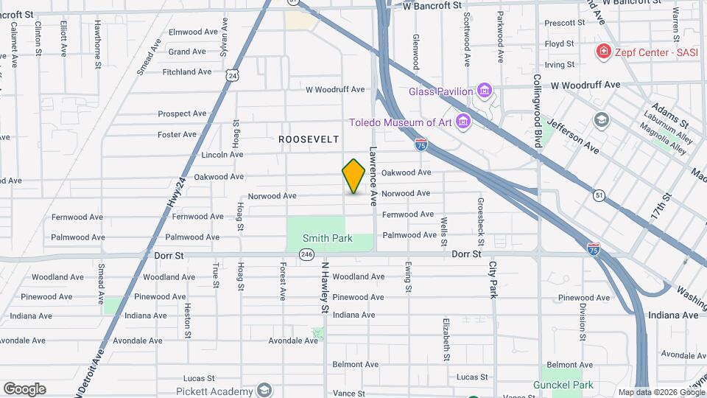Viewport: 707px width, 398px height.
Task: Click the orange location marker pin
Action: coord(354,176)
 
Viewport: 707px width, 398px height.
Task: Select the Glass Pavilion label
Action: coord(440,91)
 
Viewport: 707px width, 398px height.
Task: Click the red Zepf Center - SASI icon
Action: coord(603,51)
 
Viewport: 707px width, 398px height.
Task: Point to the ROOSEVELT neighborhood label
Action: coord(309,139)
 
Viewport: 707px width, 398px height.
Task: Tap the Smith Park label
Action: coord(327,238)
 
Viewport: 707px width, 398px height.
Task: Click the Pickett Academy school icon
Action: coord(264,390)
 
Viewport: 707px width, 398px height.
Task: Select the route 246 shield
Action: coord(307,254)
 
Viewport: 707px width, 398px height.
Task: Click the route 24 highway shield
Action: coord(233,75)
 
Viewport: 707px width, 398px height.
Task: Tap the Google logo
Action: coord(24,389)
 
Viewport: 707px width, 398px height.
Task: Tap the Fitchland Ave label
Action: coord(187,71)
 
